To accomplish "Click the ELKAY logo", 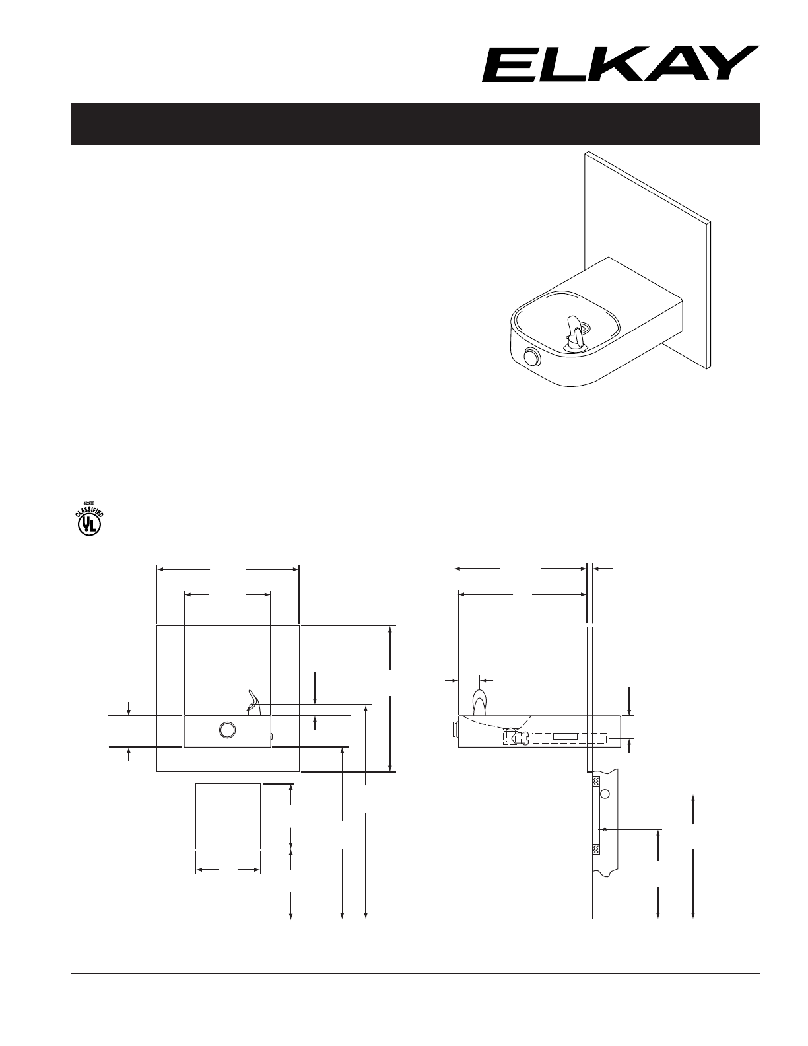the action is pos(619,64).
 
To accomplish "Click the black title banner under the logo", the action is pos(416,124).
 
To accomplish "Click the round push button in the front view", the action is pos(227,730).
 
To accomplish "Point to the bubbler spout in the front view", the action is pos(253,701).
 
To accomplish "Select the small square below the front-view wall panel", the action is pos(228,816).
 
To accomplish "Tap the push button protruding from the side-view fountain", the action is pos(454,728).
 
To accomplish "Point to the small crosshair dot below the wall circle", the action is pos(605,828).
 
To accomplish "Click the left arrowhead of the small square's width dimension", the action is pos(200,870).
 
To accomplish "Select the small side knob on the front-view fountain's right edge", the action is pos(271,735).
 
